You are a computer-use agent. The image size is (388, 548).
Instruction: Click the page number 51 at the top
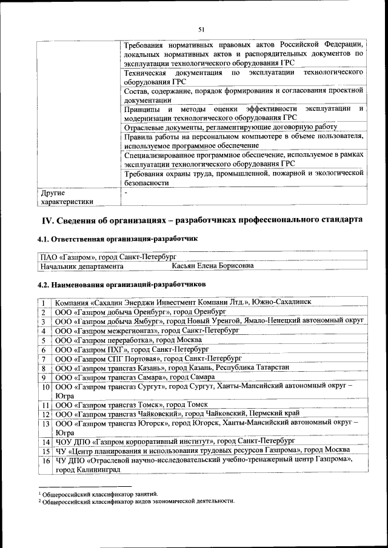201,28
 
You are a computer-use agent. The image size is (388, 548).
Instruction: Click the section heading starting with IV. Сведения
201,219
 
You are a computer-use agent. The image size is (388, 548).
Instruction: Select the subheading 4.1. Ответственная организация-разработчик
118,240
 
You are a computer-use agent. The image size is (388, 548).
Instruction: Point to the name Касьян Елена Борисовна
212,266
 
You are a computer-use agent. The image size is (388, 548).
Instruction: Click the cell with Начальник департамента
82,266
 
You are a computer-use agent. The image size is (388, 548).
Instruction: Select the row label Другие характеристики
67,197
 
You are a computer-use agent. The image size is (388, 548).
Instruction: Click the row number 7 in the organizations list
44,358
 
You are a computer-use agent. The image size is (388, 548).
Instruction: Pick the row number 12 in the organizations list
45,414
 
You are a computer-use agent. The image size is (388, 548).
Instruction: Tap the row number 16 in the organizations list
45,461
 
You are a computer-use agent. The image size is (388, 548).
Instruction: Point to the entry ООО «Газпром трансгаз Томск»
132,404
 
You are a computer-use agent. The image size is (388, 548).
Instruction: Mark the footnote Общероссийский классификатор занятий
100,494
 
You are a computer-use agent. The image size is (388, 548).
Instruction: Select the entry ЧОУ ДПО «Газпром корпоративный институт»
175,441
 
